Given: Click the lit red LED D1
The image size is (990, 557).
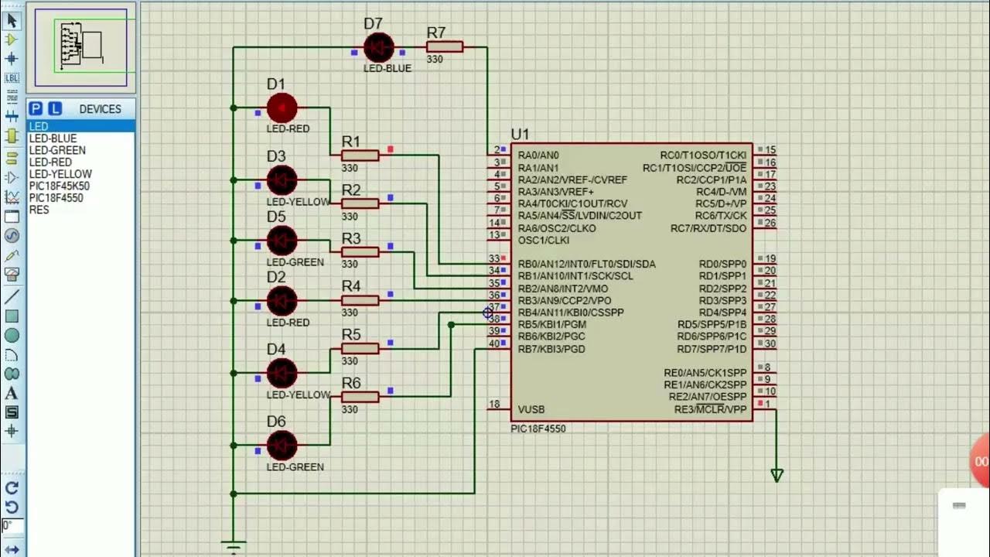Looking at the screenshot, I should [282, 108].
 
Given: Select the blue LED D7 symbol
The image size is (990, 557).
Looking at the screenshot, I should [378, 48].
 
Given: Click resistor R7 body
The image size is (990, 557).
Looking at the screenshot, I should [445, 47].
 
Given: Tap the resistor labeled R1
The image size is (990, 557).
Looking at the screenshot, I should [360, 155].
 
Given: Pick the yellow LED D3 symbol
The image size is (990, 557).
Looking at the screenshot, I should [282, 180].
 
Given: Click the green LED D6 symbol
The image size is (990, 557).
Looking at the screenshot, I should [282, 446].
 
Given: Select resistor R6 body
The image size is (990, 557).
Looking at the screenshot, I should [360, 397].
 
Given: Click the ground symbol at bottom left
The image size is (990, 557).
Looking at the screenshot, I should [234, 545].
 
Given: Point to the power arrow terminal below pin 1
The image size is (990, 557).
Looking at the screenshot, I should [777, 475].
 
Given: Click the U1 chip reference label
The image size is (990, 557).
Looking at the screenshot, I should [520, 135].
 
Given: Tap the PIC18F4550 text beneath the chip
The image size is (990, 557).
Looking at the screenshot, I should [538, 429].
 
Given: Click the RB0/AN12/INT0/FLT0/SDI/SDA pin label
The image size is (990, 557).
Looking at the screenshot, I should [586, 264].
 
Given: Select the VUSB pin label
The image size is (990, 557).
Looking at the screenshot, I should [531, 409].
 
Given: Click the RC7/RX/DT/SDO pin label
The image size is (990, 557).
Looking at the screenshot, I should [708, 228].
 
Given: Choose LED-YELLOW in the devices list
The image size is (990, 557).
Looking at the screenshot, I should [60, 174].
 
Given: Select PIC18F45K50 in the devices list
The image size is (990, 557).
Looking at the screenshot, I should [59, 186].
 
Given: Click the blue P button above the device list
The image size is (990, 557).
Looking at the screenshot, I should [36, 109].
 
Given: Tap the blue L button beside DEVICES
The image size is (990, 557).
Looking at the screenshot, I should [55, 109].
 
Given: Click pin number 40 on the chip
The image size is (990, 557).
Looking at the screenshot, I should [494, 343].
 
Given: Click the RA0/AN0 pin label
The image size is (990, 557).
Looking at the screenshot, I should [538, 155].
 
